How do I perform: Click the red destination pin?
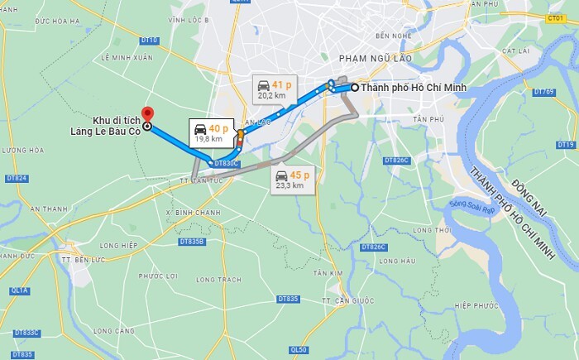pos(146,114)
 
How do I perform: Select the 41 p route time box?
pos(273,89)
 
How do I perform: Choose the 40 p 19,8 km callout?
pos(208,133)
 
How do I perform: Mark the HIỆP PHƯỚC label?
pos(472,305)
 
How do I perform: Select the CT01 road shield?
pos(555,17)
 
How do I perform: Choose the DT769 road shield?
pos(543,92)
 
